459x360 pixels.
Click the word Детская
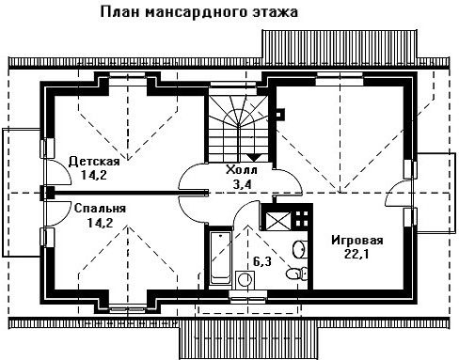click(x=94, y=162)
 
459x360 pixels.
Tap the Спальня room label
click(x=100, y=209)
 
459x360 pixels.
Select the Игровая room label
click(x=357, y=241)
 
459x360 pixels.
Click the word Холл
click(x=242, y=170)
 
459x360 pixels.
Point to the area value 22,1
click(x=356, y=254)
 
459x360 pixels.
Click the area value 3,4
click(x=242, y=184)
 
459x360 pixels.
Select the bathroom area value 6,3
click(x=262, y=261)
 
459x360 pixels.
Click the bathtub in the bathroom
click(x=220, y=258)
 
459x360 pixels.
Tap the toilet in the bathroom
click(x=297, y=273)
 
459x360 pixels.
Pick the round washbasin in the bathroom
click(x=298, y=249)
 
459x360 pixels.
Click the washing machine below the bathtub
click(x=245, y=279)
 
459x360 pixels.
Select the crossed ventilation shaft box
click(x=277, y=221)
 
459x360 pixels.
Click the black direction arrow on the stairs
click(x=254, y=157)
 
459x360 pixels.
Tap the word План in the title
click(x=119, y=12)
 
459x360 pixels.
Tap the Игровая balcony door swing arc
click(x=393, y=191)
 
